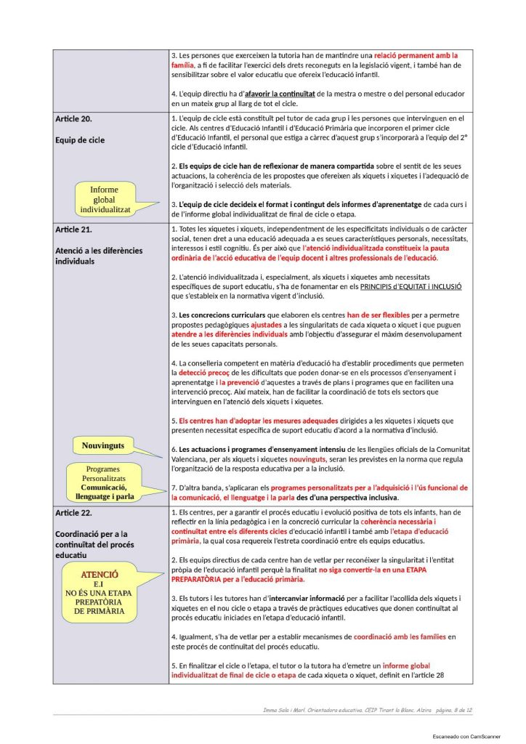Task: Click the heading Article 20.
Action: point(73,118)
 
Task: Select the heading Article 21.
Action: point(73,230)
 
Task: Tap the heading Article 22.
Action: point(73,513)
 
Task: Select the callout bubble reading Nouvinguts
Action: point(103,445)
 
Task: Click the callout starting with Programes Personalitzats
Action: point(102,482)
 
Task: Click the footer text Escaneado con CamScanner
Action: point(464,736)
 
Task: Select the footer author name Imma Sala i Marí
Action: point(286,710)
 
